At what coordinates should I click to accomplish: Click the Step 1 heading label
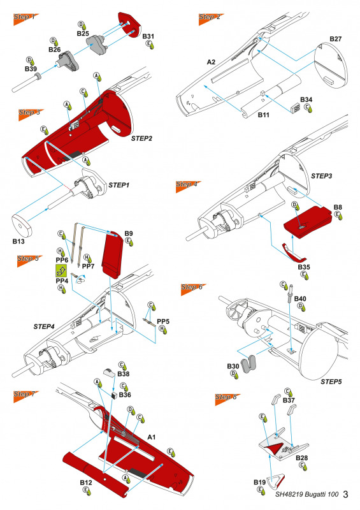coord(24,16)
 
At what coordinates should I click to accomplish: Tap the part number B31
coord(148,36)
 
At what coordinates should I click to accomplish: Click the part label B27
coord(336,40)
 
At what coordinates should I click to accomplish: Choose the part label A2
coord(211,62)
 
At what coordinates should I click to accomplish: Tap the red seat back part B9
coord(115,258)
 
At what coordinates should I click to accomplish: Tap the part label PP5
coord(163,320)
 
